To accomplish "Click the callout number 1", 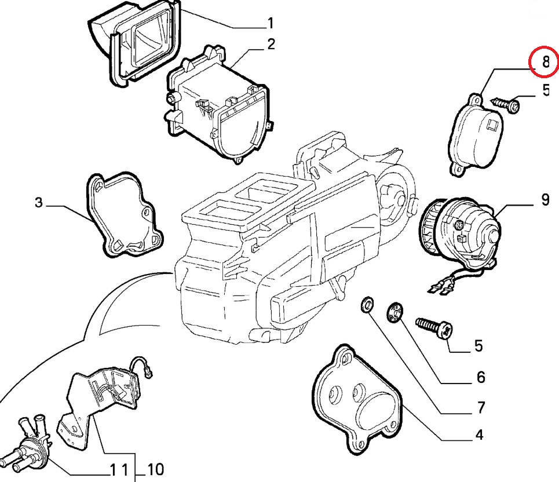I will coord(270,23).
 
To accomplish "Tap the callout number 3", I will coord(38,203).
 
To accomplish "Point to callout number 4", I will coord(479,434).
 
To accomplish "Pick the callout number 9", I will coord(545,200).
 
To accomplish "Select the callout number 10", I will coord(156,469).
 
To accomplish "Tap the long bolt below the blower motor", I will coord(434,327).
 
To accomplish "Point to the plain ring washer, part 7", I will coord(367,305).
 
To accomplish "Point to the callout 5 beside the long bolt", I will coord(478,346).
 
